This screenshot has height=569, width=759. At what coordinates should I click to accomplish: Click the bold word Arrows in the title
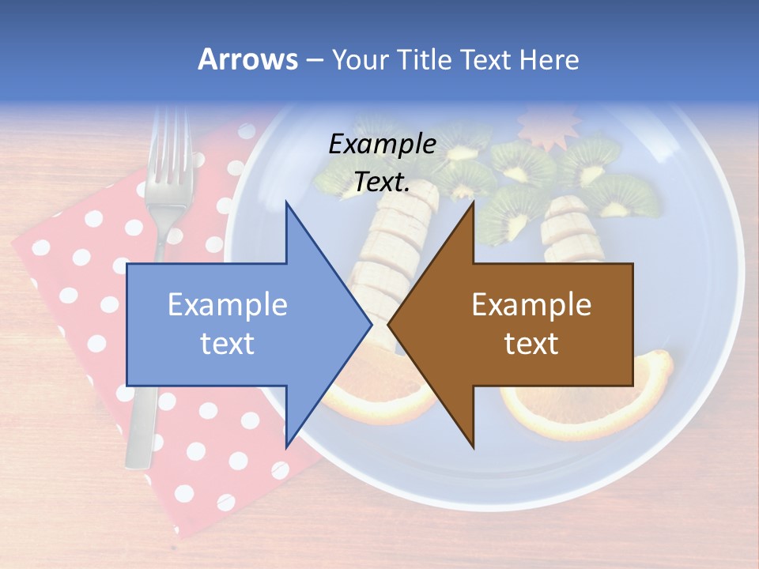tap(247, 59)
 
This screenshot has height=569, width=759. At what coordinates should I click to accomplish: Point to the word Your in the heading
tap(361, 59)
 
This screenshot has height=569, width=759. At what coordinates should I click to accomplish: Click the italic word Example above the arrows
tap(382, 144)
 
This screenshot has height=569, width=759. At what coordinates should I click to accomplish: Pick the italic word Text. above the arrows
tap(382, 182)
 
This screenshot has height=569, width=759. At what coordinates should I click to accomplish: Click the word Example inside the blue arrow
tap(228, 304)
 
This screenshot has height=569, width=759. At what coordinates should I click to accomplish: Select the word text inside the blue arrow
tap(228, 344)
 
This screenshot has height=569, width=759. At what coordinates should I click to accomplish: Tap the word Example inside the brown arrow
tap(531, 304)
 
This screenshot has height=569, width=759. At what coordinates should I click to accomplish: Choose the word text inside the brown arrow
tap(531, 344)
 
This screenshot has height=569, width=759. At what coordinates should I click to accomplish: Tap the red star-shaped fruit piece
tap(546, 131)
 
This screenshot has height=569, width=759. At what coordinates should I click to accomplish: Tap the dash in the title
tap(314, 60)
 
